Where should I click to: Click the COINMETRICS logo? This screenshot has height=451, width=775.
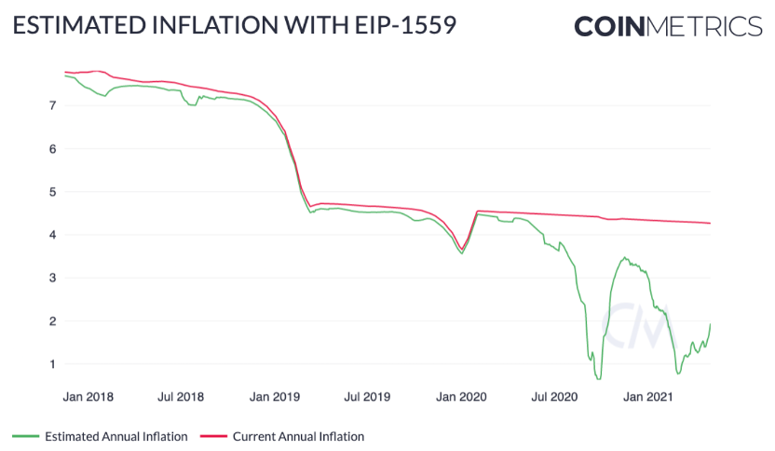click(x=667, y=25)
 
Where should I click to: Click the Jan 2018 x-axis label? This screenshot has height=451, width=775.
click(x=88, y=397)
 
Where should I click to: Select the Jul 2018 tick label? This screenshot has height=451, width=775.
click(x=181, y=397)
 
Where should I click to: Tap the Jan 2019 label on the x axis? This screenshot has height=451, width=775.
click(x=275, y=397)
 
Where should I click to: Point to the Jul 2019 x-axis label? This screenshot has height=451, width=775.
click(x=367, y=397)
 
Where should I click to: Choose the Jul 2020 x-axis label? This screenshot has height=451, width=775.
click(x=555, y=397)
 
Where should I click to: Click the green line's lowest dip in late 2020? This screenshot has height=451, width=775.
click(x=599, y=378)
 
